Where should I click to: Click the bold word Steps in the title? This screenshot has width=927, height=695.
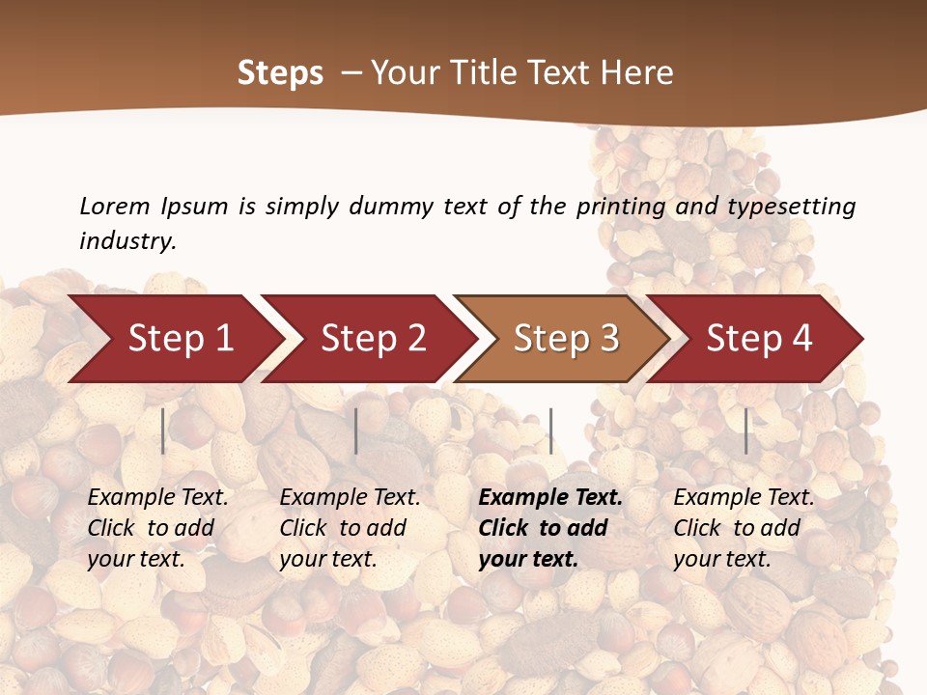click(280, 73)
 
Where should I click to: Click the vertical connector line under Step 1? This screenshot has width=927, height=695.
click(163, 431)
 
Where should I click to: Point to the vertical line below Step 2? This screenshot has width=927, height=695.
click(356, 431)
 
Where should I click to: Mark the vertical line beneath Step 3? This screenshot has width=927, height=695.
click(550, 431)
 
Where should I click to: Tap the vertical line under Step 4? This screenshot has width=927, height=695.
click(745, 431)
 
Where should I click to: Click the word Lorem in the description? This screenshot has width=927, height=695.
click(115, 207)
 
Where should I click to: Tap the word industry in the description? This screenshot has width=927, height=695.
click(127, 241)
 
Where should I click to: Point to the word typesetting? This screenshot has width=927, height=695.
click(789, 207)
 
